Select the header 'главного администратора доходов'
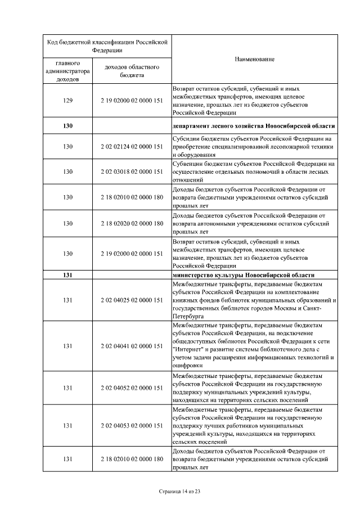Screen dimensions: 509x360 tap(68, 71)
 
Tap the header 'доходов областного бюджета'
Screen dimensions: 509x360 tap(132, 71)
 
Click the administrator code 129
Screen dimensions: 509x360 tap(68, 100)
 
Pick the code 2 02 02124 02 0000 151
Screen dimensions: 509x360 tap(132, 146)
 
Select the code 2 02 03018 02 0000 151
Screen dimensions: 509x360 tap(132, 172)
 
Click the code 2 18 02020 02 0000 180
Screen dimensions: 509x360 tap(132, 223)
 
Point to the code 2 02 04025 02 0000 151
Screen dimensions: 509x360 tap(132, 300)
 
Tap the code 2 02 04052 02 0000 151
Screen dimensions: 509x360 tap(132, 388)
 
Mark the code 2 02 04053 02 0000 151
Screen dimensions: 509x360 tap(132, 426)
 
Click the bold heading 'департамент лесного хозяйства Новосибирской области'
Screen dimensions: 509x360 tap(254, 125)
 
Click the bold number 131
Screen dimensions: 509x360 tap(68, 275)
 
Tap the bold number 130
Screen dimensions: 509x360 tap(68, 125)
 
